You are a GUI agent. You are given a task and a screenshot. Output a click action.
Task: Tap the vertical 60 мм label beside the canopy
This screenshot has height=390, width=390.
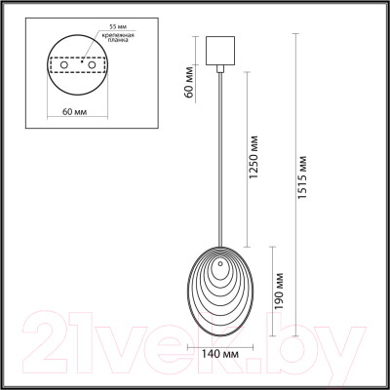(189, 86)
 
